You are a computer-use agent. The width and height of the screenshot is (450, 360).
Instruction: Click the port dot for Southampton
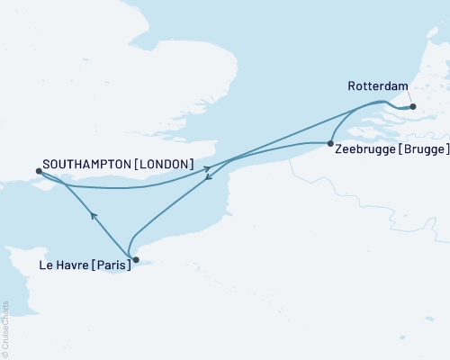coord(37,170)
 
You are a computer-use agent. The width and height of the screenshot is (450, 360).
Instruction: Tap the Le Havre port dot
coord(135,260)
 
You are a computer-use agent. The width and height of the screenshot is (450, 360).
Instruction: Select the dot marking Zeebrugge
coord(331,144)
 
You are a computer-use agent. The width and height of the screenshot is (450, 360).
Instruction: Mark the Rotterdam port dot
coord(414,107)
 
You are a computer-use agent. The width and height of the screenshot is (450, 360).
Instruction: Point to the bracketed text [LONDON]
coord(167,164)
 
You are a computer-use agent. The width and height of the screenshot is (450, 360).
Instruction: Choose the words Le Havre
coord(66,266)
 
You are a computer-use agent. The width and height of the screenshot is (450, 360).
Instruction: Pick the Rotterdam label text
coord(377,87)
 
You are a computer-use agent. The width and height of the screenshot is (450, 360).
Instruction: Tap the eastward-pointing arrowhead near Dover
coord(209,167)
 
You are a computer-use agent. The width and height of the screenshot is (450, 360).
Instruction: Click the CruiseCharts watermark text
coord(5,329)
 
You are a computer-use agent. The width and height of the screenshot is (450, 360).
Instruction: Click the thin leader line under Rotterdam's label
coord(410,97)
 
